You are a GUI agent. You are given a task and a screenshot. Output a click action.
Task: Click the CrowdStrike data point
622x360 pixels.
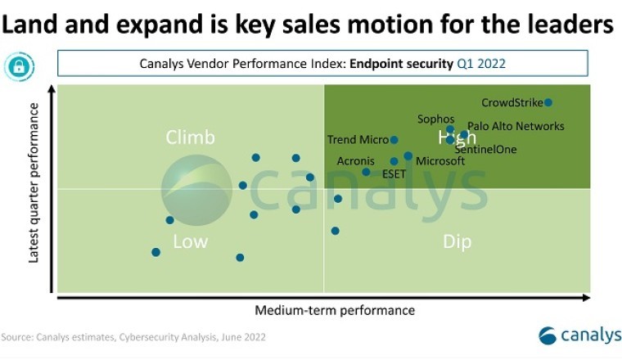click(548, 102)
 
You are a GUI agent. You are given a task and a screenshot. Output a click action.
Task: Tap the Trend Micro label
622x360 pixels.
click(358, 140)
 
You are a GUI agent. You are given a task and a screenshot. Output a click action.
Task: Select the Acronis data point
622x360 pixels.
click(367, 172)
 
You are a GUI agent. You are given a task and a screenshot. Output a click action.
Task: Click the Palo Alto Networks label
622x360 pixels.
click(516, 126)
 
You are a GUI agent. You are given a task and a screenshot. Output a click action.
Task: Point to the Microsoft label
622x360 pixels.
click(440, 161)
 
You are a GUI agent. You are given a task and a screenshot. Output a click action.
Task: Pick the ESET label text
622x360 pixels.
click(394, 173)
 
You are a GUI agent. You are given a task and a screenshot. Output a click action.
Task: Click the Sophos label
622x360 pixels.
click(435, 119)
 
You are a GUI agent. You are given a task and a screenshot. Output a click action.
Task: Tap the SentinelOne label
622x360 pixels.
click(485, 150)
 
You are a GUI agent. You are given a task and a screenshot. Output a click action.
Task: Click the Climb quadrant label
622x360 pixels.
click(190, 137)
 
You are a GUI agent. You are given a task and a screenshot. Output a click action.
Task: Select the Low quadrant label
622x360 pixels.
click(190, 241)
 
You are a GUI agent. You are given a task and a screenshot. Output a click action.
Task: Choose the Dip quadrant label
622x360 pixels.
click(457, 241)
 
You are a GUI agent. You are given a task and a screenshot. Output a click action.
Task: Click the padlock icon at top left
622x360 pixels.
click(19, 65)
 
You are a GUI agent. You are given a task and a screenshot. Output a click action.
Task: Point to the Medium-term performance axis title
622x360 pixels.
click(335, 310)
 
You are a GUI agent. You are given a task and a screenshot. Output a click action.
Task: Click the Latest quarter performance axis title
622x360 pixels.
click(34, 189)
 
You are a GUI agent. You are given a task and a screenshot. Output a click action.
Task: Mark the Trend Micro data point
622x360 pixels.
click(394, 140)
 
